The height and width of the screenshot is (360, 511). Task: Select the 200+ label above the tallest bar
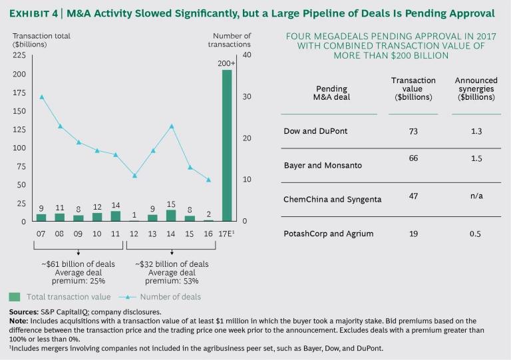click(227, 63)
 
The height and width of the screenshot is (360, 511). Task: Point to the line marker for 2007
click(41, 96)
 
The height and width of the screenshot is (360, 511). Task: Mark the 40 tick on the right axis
click(247, 55)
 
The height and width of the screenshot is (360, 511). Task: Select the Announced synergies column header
click(476, 89)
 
